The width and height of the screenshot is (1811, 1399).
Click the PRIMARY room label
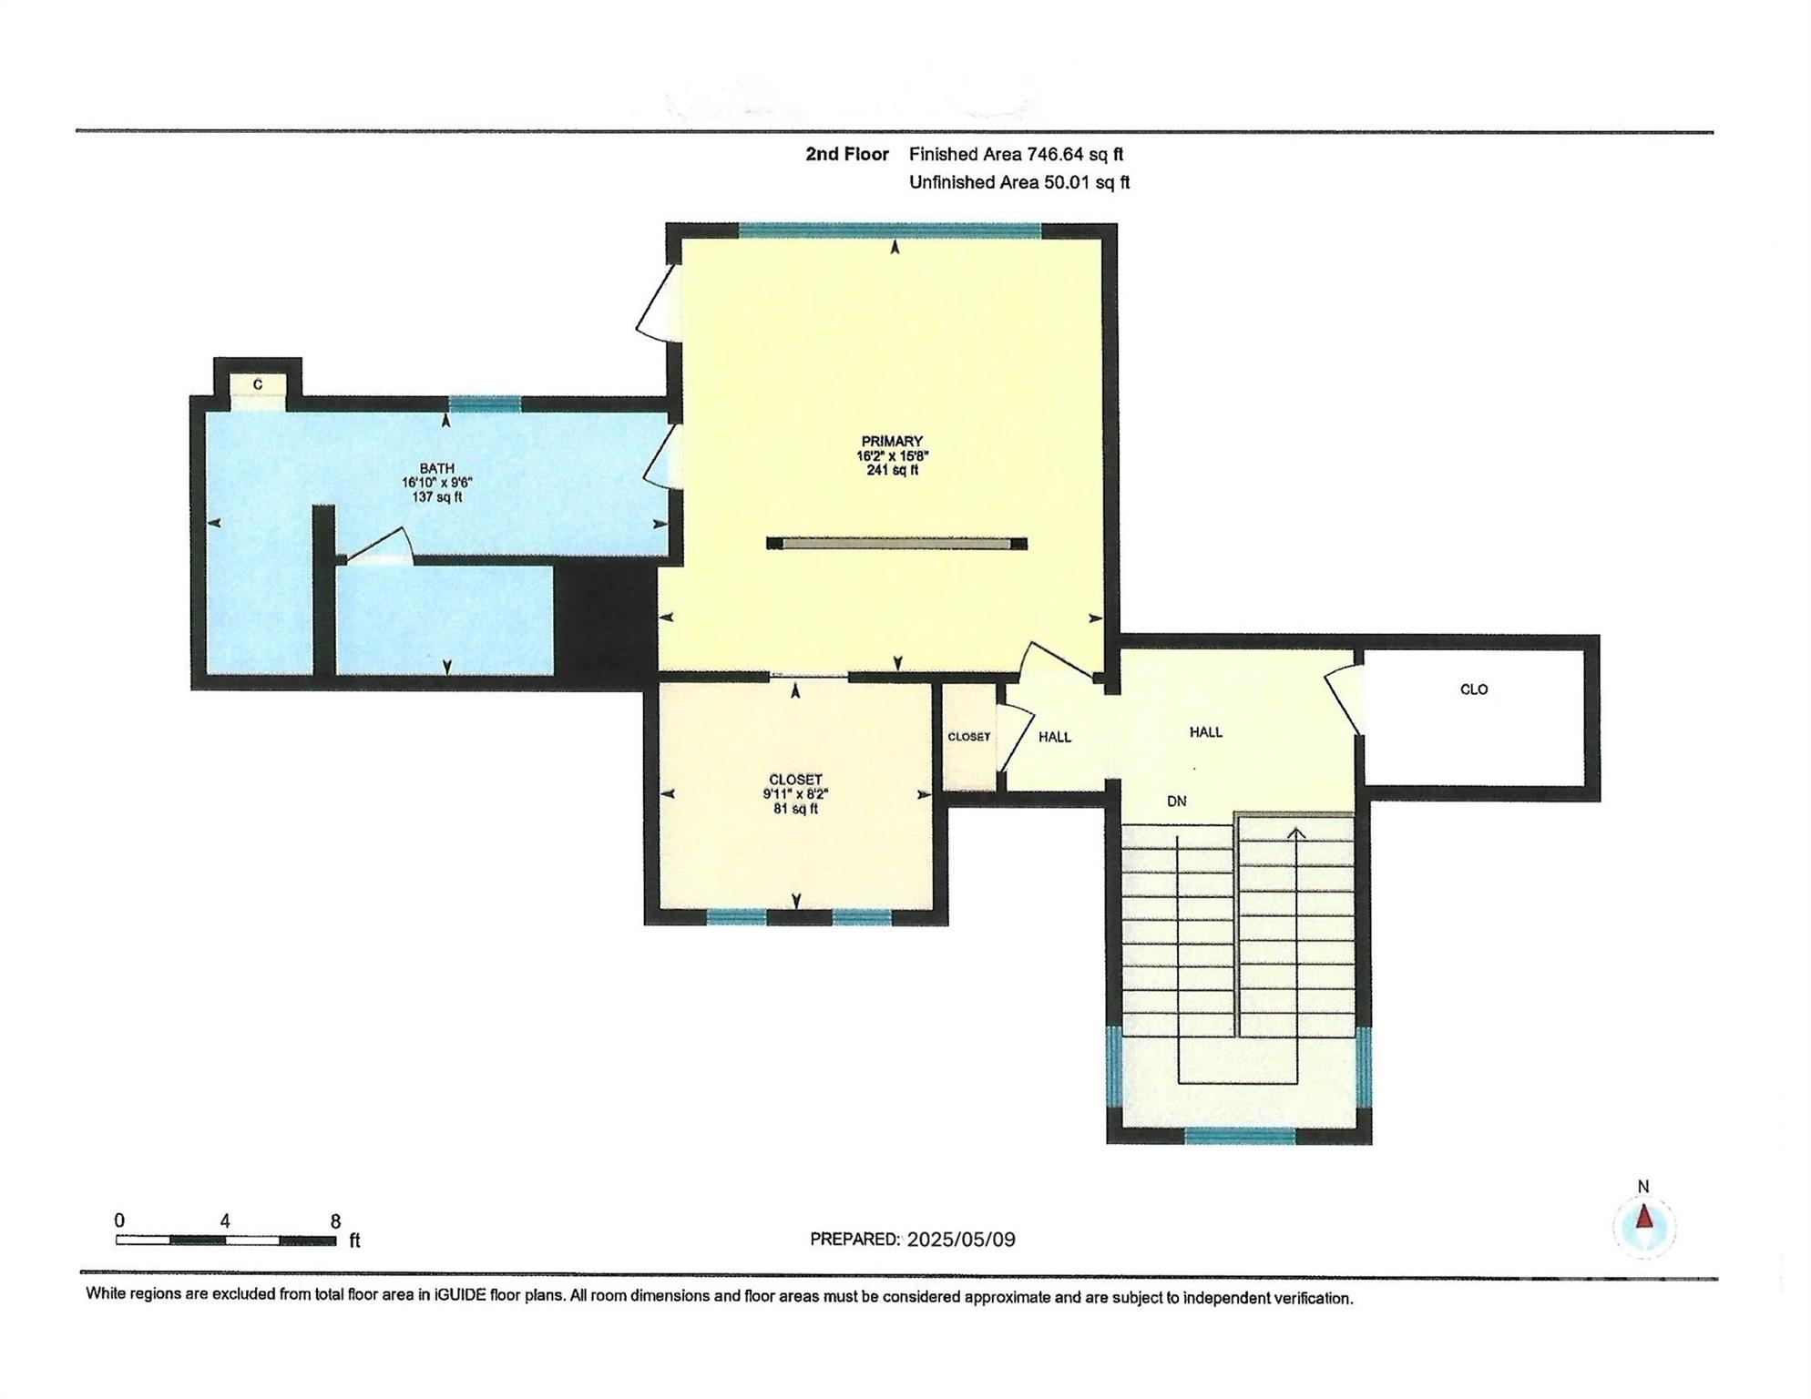[x=892, y=441]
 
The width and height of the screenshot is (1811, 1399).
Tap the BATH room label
[x=437, y=468]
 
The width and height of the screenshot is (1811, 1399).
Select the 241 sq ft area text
[x=892, y=470]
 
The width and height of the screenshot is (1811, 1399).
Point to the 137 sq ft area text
[x=437, y=497]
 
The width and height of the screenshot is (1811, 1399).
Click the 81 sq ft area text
[x=796, y=808]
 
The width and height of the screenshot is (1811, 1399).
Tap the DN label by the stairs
[x=1177, y=802]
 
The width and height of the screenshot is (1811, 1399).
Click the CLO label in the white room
[x=1474, y=689]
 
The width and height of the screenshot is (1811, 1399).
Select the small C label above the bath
[x=258, y=385]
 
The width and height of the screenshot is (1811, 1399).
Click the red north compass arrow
[x=1644, y=1217]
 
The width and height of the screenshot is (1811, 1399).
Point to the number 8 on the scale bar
[x=335, y=1221]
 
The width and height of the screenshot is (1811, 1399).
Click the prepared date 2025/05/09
[x=961, y=1240]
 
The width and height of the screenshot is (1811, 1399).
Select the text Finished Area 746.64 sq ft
[x=1016, y=155]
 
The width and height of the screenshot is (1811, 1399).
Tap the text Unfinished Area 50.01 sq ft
[x=1019, y=183]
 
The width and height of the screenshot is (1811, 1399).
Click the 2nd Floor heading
[x=847, y=155]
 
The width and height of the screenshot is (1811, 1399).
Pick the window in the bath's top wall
[x=485, y=404]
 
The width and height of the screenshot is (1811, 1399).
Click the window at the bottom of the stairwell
[x=1240, y=1135]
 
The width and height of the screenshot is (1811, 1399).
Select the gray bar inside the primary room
[x=897, y=544]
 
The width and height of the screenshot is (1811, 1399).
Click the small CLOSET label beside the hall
[x=968, y=737]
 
